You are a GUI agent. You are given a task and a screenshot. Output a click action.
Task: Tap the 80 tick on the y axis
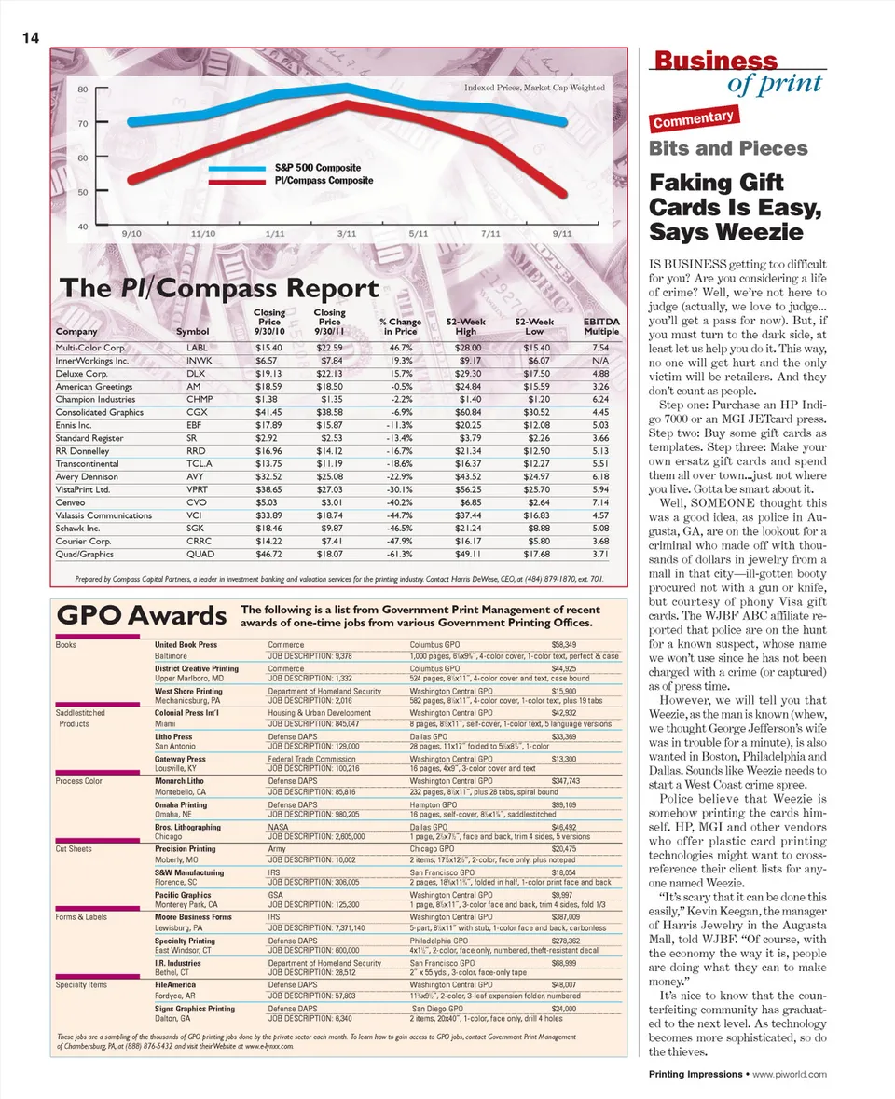click(x=82, y=89)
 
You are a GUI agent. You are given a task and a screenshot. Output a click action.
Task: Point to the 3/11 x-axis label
click(x=347, y=232)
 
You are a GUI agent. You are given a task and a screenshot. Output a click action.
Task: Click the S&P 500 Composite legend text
click(x=317, y=169)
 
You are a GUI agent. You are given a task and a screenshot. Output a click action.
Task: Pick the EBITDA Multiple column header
click(x=601, y=326)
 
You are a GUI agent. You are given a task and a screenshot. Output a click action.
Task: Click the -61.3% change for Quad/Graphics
click(x=398, y=554)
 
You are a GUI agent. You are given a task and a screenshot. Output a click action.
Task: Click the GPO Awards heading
click(x=142, y=616)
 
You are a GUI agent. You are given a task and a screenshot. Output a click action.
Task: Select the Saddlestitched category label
click(x=80, y=712)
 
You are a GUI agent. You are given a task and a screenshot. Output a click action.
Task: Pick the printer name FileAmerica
click(x=175, y=983)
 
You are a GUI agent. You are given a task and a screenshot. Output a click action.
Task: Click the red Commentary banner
click(x=695, y=118)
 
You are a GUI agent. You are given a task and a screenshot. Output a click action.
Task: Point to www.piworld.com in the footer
click(x=790, y=1075)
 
